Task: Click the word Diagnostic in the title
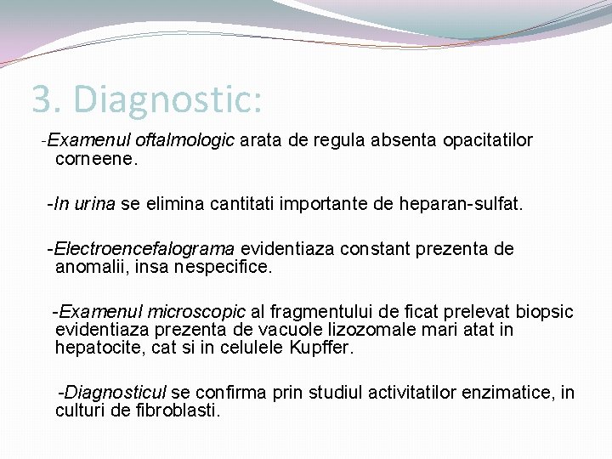click(x=169, y=99)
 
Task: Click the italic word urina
click(x=94, y=204)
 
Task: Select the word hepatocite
click(x=94, y=348)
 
